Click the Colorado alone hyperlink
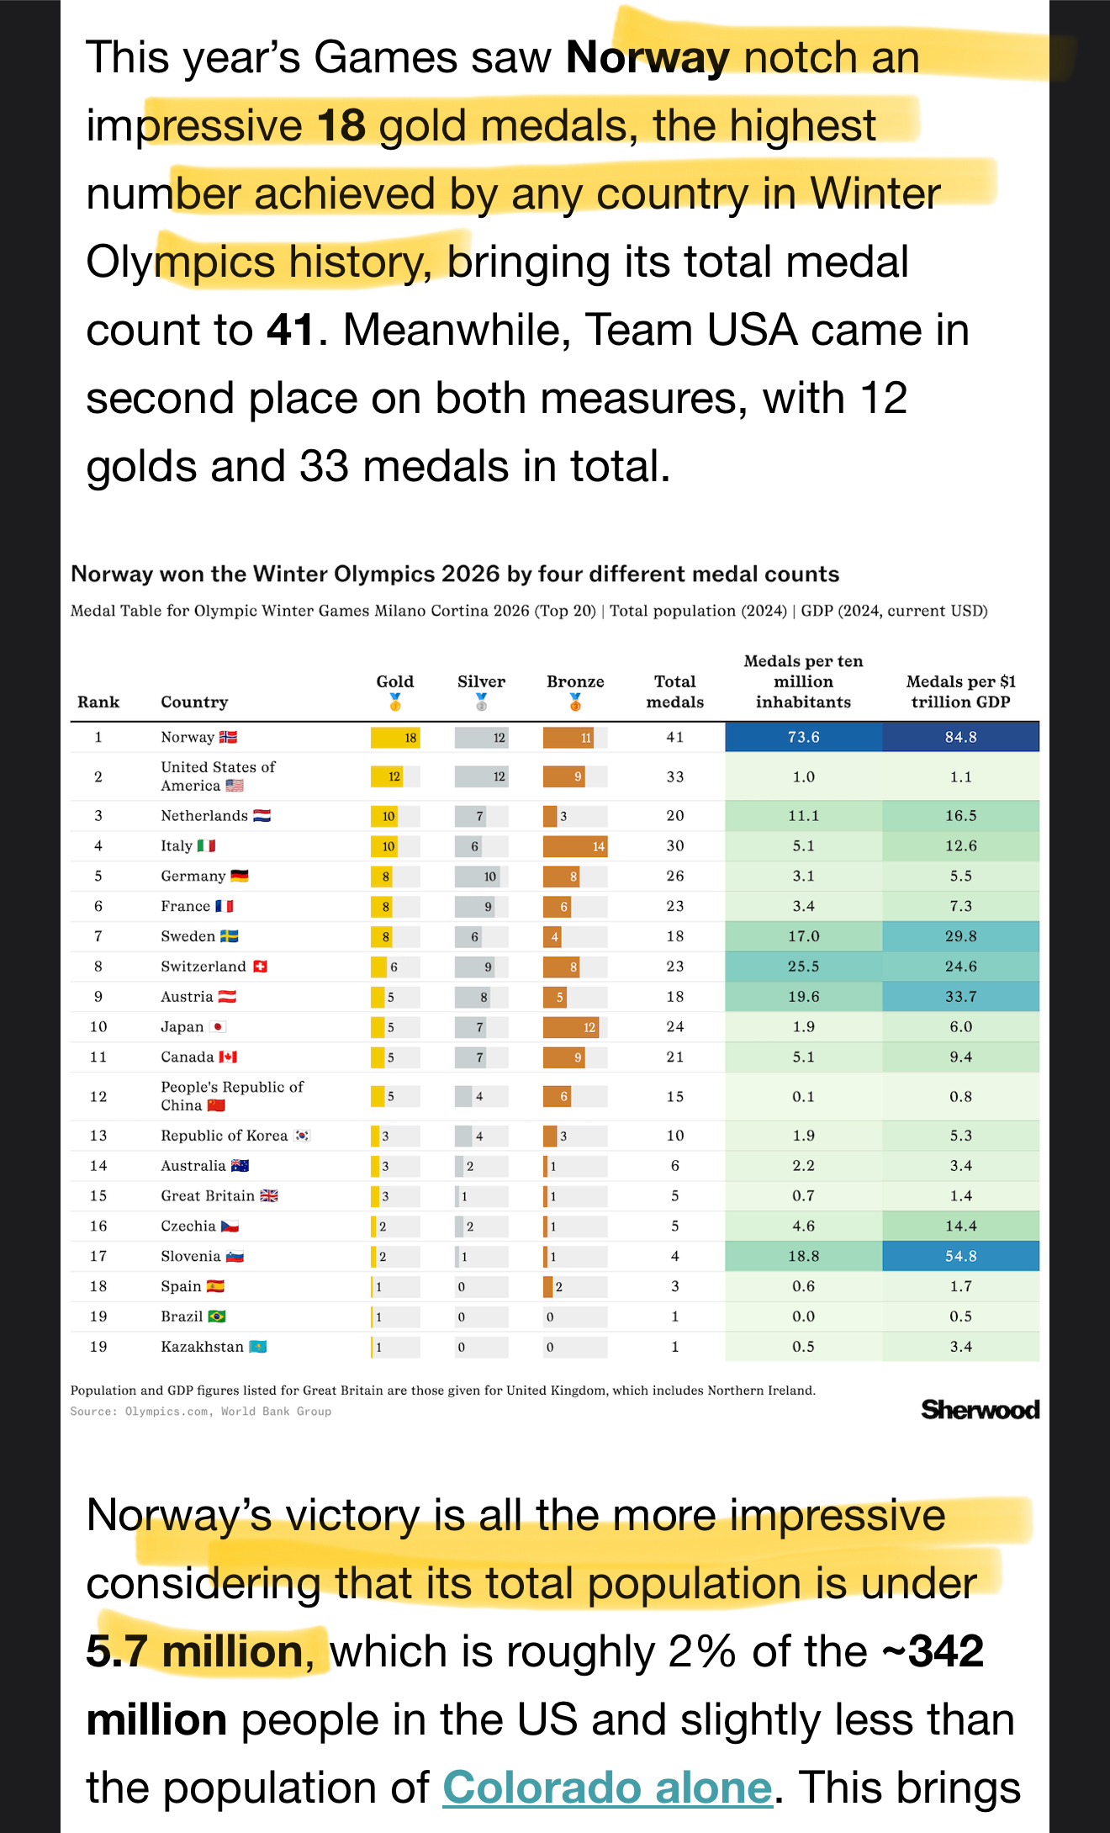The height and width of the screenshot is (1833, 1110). click(607, 1788)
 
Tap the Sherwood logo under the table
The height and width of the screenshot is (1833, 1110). click(980, 1410)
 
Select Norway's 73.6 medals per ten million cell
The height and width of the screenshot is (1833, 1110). click(803, 737)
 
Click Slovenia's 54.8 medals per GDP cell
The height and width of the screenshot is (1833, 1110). click(960, 1256)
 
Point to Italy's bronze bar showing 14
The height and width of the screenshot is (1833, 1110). click(575, 846)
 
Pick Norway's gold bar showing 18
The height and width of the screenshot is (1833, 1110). click(395, 738)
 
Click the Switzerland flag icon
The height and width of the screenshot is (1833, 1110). click(261, 967)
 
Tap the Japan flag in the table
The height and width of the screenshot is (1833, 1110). click(218, 1027)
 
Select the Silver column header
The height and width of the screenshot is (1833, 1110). click(481, 681)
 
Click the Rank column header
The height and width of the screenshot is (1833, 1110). click(98, 702)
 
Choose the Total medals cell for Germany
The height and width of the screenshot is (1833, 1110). click(674, 876)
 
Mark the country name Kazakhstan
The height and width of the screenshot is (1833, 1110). click(202, 1347)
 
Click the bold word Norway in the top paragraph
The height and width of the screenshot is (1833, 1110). click(647, 58)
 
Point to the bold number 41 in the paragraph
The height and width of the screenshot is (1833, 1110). click(290, 330)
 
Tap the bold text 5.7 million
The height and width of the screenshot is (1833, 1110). click(195, 1651)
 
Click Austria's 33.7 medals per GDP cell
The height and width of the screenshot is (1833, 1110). click(960, 997)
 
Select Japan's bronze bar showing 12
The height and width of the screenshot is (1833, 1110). click(571, 1027)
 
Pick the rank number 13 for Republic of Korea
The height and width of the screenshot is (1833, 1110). click(98, 1136)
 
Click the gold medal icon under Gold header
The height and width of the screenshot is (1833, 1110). click(395, 702)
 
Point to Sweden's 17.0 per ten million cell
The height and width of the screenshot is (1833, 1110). click(803, 936)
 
